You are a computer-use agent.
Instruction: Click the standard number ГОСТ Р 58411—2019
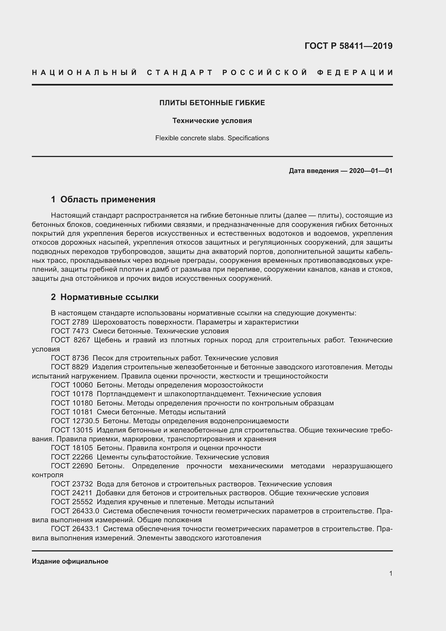click(x=348, y=46)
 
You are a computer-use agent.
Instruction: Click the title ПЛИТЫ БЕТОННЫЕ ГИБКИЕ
click(x=212, y=103)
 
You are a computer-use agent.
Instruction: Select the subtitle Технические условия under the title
click(x=212, y=121)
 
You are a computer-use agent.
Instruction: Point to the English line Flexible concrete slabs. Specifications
click(x=212, y=138)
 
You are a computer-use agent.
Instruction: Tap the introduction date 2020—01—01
click(x=370, y=171)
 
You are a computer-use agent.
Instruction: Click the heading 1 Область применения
click(x=103, y=199)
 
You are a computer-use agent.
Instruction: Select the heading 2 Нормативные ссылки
click(x=105, y=297)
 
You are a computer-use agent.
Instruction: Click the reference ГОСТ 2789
click(x=70, y=322)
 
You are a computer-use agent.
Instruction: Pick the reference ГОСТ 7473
click(x=70, y=331)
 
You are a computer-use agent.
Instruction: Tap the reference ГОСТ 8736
click(x=70, y=358)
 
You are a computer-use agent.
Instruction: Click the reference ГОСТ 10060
click(x=72, y=385)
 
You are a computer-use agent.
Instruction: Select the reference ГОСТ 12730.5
click(x=75, y=421)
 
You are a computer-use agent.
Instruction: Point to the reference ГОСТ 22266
click(x=72, y=457)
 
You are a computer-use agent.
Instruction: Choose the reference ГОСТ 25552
click(x=72, y=502)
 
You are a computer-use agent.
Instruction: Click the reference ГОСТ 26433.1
click(x=75, y=529)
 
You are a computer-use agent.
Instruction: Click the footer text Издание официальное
click(x=70, y=561)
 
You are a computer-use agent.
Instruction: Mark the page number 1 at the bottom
click(x=390, y=573)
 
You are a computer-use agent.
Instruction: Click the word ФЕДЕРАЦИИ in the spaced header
click(x=355, y=73)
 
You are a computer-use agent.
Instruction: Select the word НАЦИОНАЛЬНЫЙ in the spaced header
click(x=85, y=73)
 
